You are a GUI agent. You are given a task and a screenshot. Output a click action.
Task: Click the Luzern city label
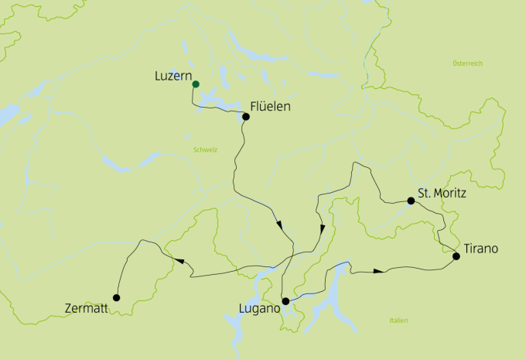coord(173,76)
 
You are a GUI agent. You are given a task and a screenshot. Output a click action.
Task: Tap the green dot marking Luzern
coord(196,84)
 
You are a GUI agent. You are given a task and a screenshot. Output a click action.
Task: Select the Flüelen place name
coord(270,107)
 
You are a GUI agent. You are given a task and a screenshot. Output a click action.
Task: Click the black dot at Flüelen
coord(246,118)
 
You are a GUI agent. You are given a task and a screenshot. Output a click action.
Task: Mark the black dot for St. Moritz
coord(412,201)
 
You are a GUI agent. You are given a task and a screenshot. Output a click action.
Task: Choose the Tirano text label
coord(480,249)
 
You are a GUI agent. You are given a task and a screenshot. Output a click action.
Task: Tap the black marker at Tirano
coord(456,255)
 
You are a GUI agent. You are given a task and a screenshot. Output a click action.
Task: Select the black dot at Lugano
coord(285,301)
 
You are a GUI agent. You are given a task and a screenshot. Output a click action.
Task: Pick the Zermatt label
coord(87,309)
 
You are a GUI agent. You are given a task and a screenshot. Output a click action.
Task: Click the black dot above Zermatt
coord(116,297)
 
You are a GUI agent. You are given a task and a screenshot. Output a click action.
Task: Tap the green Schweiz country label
coord(205,150)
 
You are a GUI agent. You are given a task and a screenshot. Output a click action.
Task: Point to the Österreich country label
coord(467,63)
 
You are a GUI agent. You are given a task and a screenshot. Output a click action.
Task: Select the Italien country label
coord(399,321)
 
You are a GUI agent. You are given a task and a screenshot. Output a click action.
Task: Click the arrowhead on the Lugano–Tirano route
coord(377,271)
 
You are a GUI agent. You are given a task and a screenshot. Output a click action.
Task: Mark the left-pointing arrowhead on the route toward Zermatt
coord(179,262)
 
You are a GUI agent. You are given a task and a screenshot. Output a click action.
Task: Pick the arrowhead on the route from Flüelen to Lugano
coord(278,225)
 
